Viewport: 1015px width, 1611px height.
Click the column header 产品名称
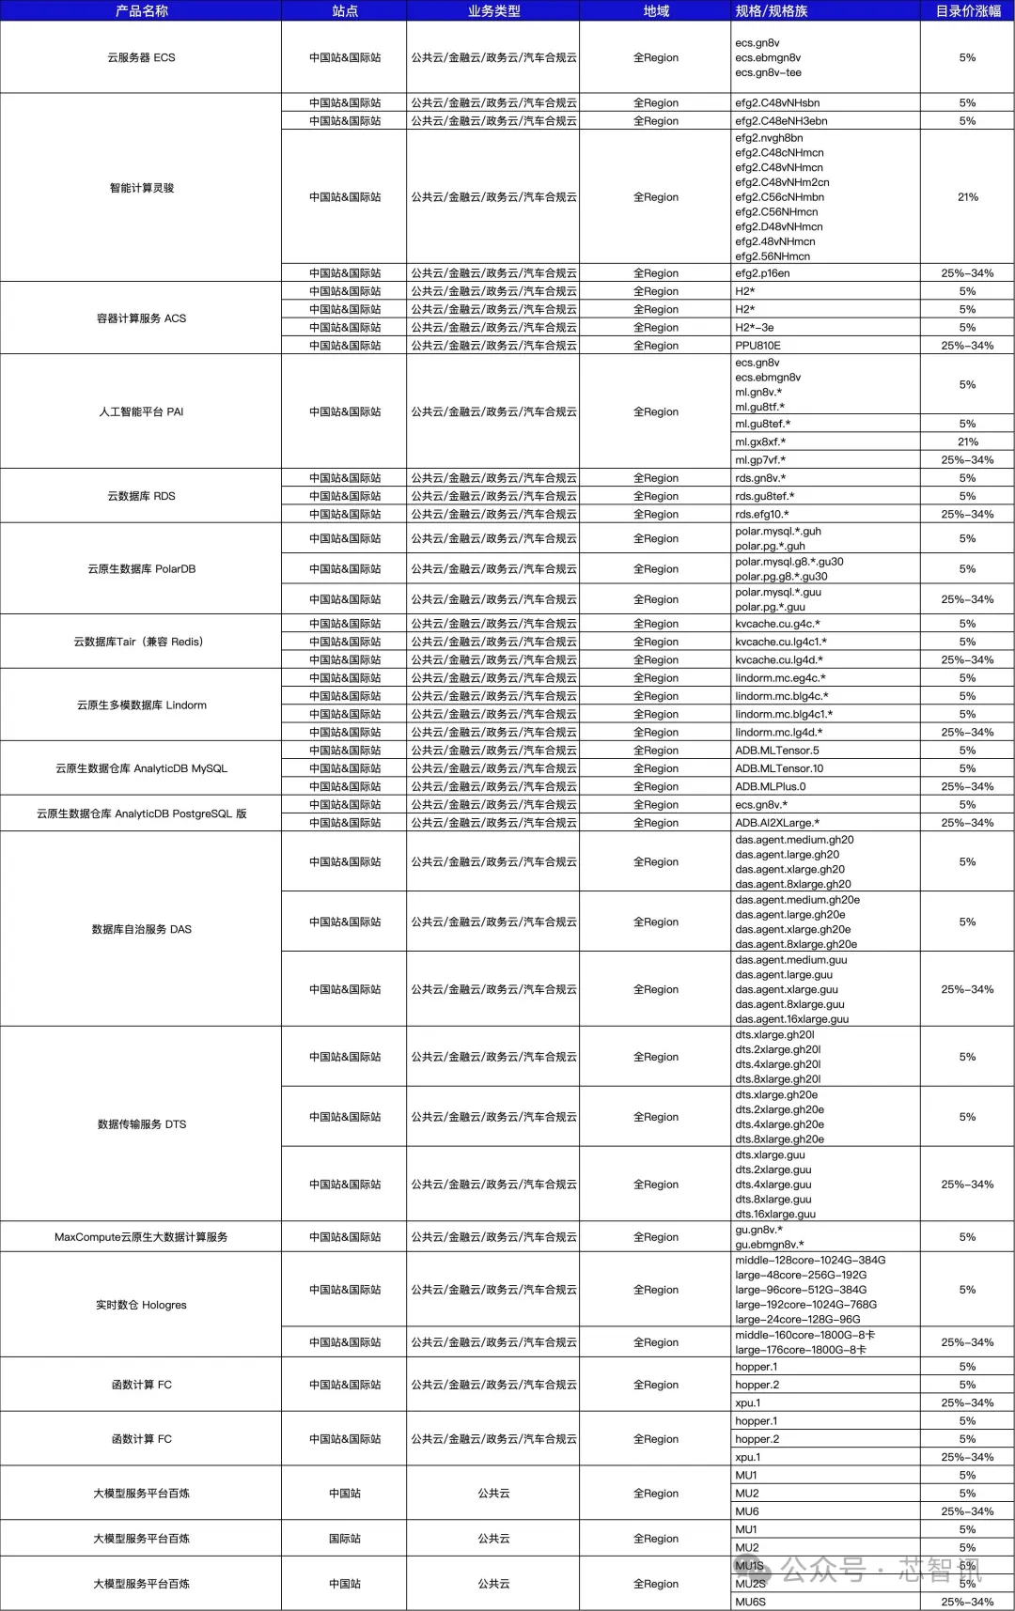coord(141,10)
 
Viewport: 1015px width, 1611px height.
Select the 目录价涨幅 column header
coord(967,10)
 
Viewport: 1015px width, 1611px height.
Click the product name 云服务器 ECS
coord(141,57)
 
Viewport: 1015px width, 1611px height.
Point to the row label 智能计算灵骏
coord(141,188)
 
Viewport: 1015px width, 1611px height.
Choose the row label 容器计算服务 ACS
coord(141,318)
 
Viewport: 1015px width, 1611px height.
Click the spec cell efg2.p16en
coord(762,273)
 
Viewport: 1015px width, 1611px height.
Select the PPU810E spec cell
coord(757,346)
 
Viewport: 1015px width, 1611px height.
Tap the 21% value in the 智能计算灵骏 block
coord(967,197)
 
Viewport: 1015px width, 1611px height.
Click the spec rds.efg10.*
coord(762,515)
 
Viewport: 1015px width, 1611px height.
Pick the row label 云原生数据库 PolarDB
coord(141,569)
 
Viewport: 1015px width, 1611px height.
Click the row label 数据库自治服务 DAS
coord(141,929)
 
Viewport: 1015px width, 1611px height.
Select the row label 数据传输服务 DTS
coord(141,1124)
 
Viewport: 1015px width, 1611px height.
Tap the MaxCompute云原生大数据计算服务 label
coord(141,1237)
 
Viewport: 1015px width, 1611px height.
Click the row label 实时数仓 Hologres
coord(141,1305)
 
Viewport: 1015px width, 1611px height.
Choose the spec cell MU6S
coord(750,1602)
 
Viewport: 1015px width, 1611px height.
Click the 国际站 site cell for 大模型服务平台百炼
coord(345,1539)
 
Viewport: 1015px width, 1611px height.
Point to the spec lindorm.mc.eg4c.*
coord(780,678)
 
